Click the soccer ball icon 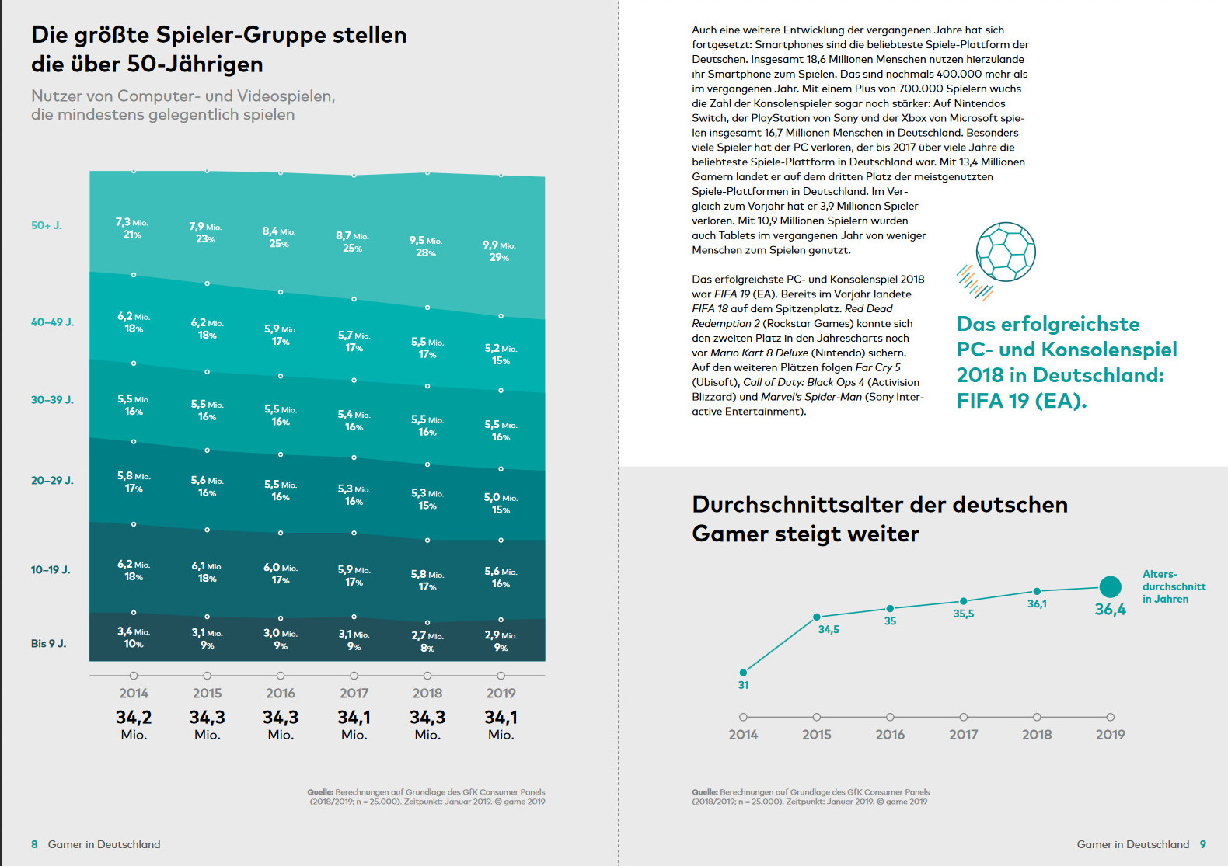pos(1006,252)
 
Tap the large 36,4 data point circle pos(1111,587)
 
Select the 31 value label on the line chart pos(743,685)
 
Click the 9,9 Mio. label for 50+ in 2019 pos(499,245)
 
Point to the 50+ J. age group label pos(47,226)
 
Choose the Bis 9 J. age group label pos(48,644)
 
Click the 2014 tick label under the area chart pos(134,694)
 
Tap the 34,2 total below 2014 pos(134,718)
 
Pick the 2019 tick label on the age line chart pos(1110,735)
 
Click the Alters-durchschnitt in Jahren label pos(1174,586)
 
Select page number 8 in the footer pos(34,844)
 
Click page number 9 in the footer pos(1203,844)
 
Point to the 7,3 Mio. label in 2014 pos(132,223)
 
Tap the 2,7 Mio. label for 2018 pos(427,636)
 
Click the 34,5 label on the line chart pos(829,630)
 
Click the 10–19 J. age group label pos(51,570)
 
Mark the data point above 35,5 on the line pos(964,601)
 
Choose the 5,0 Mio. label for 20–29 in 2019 pos(501,498)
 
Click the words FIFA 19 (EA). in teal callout pos(1021,401)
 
